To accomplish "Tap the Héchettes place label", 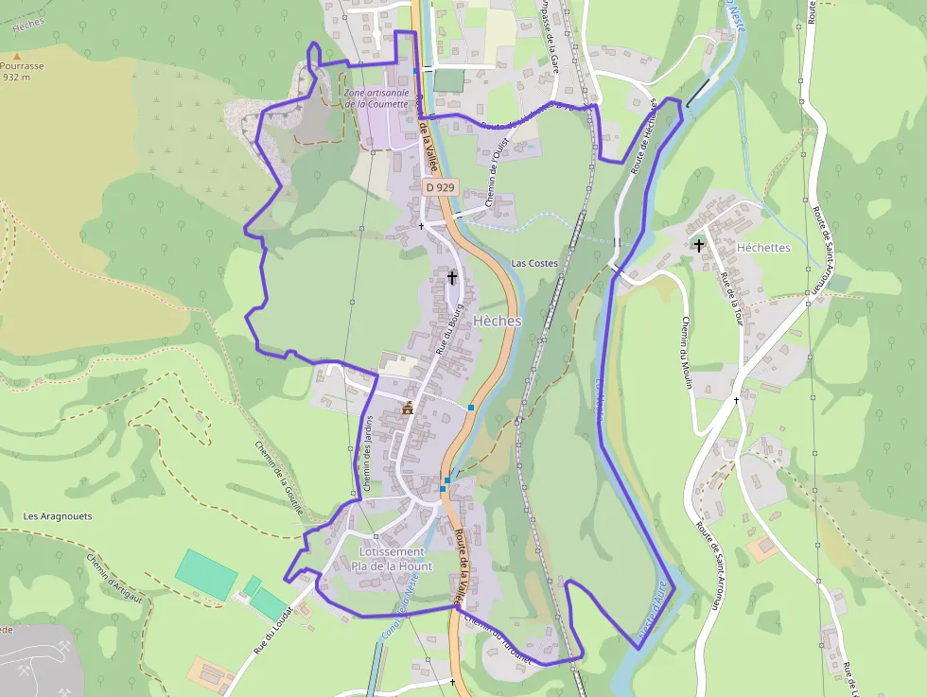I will click(x=762, y=247).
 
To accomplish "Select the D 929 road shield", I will click(x=440, y=187).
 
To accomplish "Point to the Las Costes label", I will click(x=534, y=263).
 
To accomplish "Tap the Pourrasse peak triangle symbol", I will click(x=16, y=57).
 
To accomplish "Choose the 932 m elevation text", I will click(x=16, y=78).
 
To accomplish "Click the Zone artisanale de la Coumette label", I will click(x=376, y=98).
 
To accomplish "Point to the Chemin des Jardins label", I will click(x=367, y=453).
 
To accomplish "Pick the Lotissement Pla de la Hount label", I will click(x=391, y=559).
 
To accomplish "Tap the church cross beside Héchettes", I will click(x=699, y=246).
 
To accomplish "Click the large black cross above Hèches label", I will click(x=452, y=277).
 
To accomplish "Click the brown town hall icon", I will click(x=408, y=408).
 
